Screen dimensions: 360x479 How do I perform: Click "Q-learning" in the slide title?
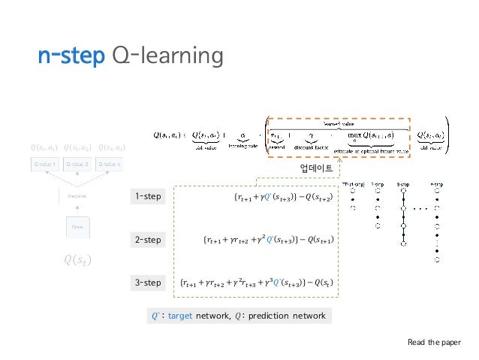[167, 56]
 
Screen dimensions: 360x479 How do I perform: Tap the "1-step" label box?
[148, 197]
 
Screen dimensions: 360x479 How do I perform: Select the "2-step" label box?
[148, 240]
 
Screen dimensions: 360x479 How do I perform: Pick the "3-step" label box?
[148, 283]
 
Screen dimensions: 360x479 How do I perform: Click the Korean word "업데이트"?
[316, 167]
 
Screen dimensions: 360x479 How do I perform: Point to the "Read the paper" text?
[435, 342]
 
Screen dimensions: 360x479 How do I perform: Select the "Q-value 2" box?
[77, 164]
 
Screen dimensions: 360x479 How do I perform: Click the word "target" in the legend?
[180, 316]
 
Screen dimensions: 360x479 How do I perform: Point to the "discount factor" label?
[309, 147]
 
